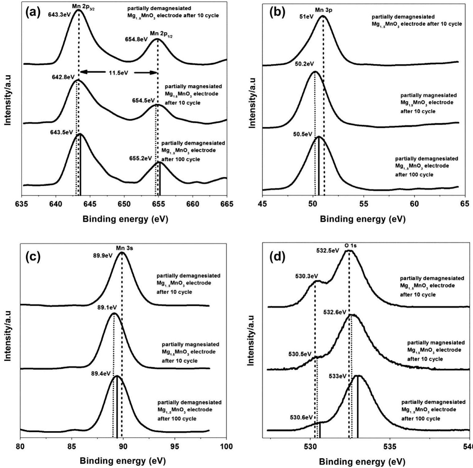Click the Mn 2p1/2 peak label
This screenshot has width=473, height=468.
tap(159, 33)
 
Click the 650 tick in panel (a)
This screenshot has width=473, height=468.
tap(124, 204)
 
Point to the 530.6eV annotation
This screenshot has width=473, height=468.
tap(301, 417)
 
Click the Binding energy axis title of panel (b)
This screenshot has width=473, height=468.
tap(363, 219)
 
